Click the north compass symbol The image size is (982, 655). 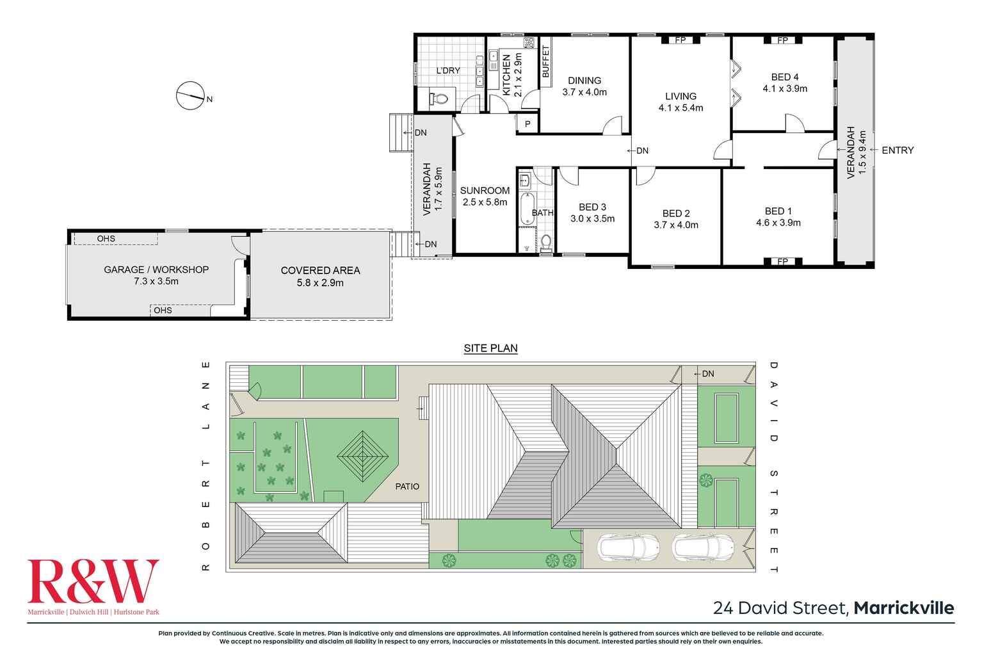pyautogui.click(x=189, y=96)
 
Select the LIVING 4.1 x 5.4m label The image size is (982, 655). pyautogui.click(x=680, y=102)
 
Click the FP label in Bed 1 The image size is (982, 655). pyautogui.click(x=782, y=261)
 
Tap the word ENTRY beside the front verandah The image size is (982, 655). pyautogui.click(x=897, y=150)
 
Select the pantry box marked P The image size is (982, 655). pyautogui.click(x=527, y=124)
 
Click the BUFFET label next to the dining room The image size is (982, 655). pyautogui.click(x=546, y=62)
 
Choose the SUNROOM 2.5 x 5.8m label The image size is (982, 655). pyautogui.click(x=485, y=196)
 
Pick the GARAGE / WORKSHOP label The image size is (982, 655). pyautogui.click(x=156, y=270)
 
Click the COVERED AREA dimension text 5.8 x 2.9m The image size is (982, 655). pyautogui.click(x=320, y=282)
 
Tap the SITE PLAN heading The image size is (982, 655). pyautogui.click(x=490, y=348)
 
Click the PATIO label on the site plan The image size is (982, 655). pyautogui.click(x=407, y=487)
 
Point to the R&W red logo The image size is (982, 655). pyautogui.click(x=93, y=581)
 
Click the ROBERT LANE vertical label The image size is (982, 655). pyautogui.click(x=205, y=465)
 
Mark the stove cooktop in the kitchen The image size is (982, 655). pyautogui.click(x=529, y=44)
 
